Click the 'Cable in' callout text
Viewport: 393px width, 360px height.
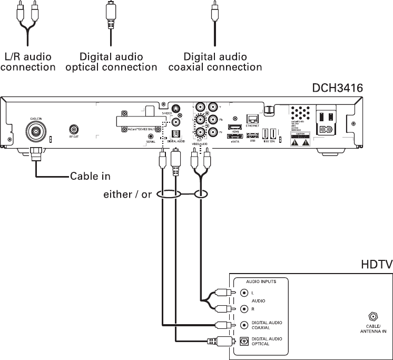(91, 176)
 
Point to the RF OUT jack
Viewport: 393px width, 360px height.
(74, 129)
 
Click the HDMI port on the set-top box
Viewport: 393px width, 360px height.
(234, 127)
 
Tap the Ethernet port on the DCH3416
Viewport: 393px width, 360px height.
(252, 120)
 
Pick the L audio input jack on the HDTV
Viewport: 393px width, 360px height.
(244, 293)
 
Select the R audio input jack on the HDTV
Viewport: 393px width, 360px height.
(244, 308)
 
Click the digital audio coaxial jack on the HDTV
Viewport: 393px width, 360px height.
(244, 325)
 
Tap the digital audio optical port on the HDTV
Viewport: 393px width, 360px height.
(244, 341)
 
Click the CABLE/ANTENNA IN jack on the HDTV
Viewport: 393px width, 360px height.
(373, 317)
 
